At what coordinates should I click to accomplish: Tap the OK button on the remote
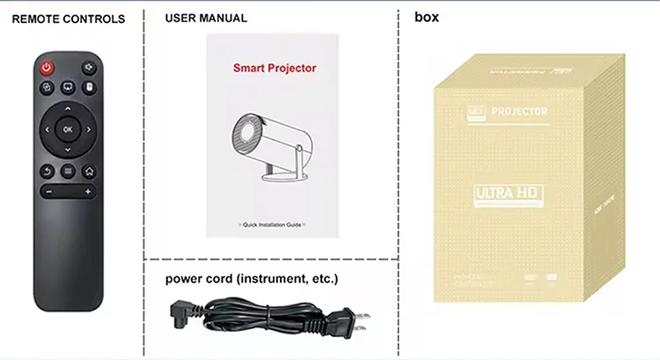click(68, 129)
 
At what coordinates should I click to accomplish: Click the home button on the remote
click(89, 171)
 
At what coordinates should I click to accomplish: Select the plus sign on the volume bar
click(88, 191)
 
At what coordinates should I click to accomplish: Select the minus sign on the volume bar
click(48, 191)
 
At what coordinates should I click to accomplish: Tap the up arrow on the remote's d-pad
click(68, 110)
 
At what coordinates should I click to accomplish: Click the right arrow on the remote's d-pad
click(88, 129)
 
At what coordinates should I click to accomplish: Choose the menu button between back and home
click(69, 171)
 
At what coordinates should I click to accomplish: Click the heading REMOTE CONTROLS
click(68, 18)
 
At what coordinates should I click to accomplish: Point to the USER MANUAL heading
click(206, 18)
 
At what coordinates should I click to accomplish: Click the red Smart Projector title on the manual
click(274, 67)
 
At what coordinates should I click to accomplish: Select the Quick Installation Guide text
click(273, 225)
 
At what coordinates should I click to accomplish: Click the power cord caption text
click(252, 279)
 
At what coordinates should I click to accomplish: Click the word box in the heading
click(426, 17)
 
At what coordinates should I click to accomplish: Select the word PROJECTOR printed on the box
click(520, 112)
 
